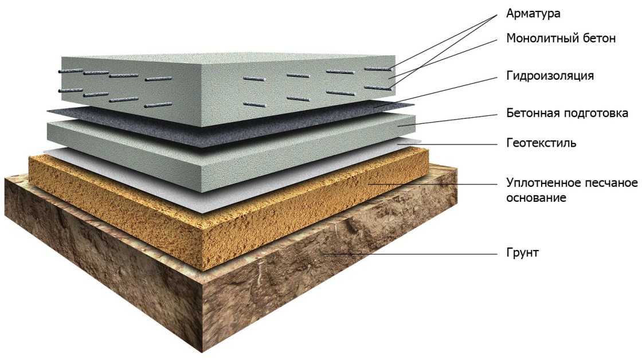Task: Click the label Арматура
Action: pos(533,14)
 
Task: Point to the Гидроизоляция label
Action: pos(550,76)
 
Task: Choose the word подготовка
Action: pos(596,114)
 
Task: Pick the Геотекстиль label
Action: pos(541,143)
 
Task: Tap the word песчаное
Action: pos(612,182)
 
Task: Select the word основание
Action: pos(537,198)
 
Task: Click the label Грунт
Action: pos(522,253)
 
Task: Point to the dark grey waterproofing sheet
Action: pos(229,123)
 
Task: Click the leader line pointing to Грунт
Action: pos(410,254)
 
